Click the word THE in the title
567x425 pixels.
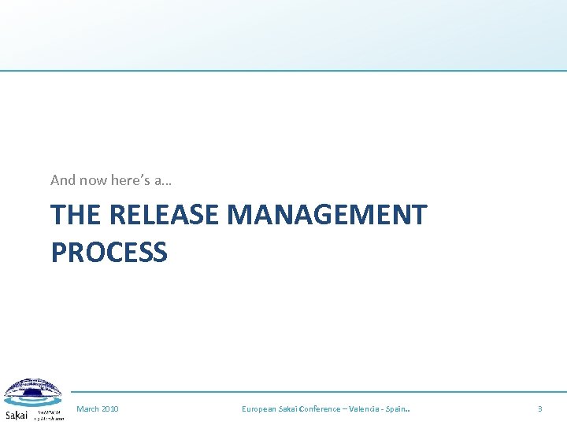point(76,215)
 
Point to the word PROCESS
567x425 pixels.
point(109,253)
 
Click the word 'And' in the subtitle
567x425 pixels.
point(63,180)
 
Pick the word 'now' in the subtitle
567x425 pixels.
point(93,180)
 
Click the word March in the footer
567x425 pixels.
point(88,409)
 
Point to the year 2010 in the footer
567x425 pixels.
point(110,409)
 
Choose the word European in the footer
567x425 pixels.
point(259,409)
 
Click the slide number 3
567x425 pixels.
point(539,409)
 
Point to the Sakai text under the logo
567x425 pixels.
point(16,415)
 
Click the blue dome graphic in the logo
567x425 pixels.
point(31,392)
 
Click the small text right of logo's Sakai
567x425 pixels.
point(48,414)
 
